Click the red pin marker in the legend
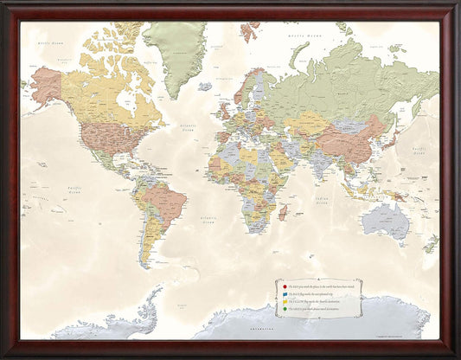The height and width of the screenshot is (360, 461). click(x=280, y=284)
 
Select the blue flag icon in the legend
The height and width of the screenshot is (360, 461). click(x=280, y=292)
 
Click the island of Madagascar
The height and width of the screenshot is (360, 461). click(x=283, y=211)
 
